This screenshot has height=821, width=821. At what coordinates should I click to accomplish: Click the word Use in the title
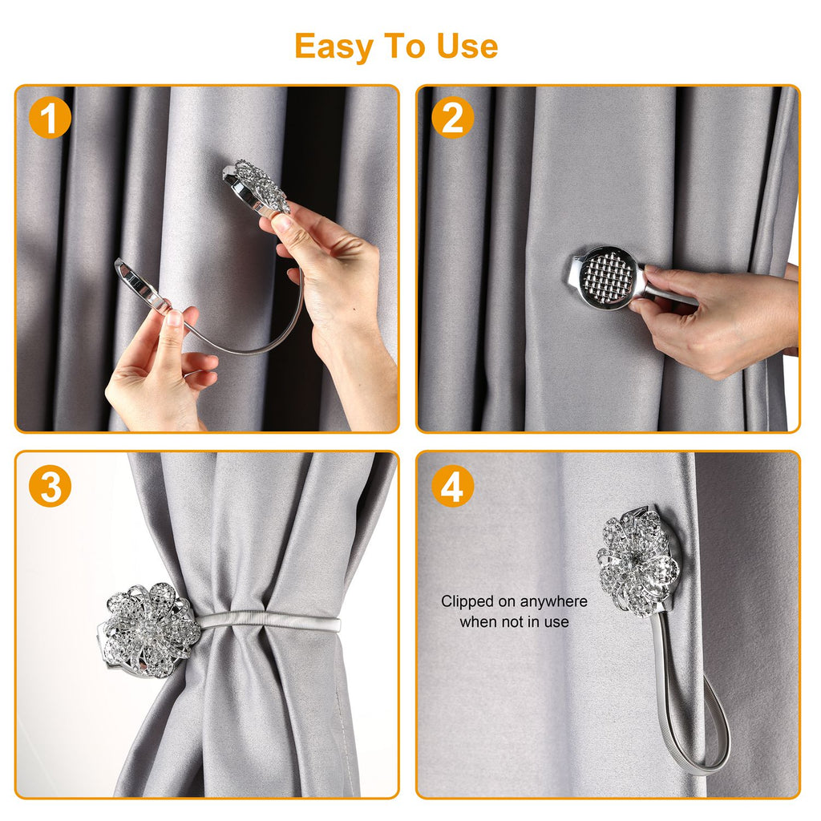[x=467, y=47]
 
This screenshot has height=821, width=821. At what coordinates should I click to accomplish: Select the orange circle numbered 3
[x=50, y=486]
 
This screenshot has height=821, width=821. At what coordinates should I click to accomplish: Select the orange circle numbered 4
[x=452, y=486]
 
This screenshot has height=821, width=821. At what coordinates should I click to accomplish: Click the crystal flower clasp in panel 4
[x=638, y=562]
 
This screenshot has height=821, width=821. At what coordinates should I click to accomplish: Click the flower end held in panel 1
[x=258, y=187]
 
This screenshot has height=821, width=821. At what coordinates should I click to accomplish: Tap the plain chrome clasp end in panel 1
[x=140, y=285]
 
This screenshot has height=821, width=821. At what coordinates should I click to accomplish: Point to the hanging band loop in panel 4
[x=698, y=722]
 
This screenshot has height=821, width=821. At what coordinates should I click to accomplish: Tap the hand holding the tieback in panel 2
[x=714, y=321]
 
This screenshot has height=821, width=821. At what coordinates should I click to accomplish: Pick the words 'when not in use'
[x=514, y=621]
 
